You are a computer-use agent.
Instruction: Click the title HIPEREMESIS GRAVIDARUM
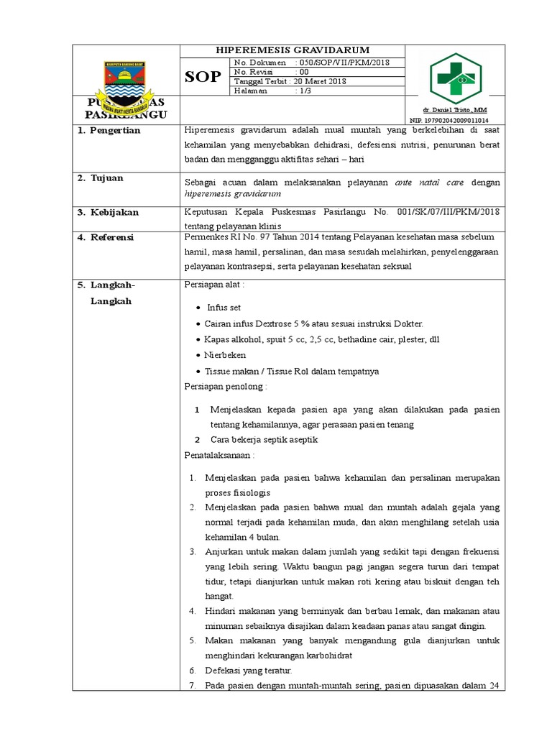(293, 50)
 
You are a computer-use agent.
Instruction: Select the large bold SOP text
(203, 78)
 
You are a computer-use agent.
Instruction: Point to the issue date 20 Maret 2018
(321, 82)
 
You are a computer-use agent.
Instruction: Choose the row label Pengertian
(115, 131)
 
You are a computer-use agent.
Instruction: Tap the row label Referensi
(115, 237)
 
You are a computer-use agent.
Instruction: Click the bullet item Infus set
(224, 307)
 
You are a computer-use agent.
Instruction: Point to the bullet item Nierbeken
(225, 355)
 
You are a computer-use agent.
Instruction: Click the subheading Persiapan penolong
(226, 387)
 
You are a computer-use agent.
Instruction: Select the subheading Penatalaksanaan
(219, 456)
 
